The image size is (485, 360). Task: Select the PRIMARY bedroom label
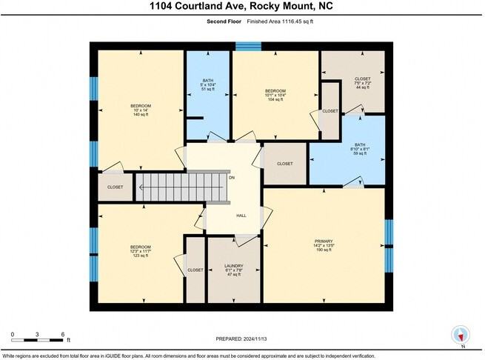[x=324, y=241]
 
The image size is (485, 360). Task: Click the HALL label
[x=241, y=216]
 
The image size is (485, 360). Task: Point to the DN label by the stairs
[x=232, y=178]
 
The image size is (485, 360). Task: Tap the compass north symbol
[x=461, y=335]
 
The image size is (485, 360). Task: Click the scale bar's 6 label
[x=63, y=333]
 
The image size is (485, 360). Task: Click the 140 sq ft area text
[x=141, y=115]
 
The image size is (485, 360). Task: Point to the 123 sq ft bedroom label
[x=141, y=255]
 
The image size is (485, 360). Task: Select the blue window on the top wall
[x=244, y=46]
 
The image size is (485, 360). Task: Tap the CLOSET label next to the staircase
[x=116, y=187]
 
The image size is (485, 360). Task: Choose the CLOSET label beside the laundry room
[x=195, y=270]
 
